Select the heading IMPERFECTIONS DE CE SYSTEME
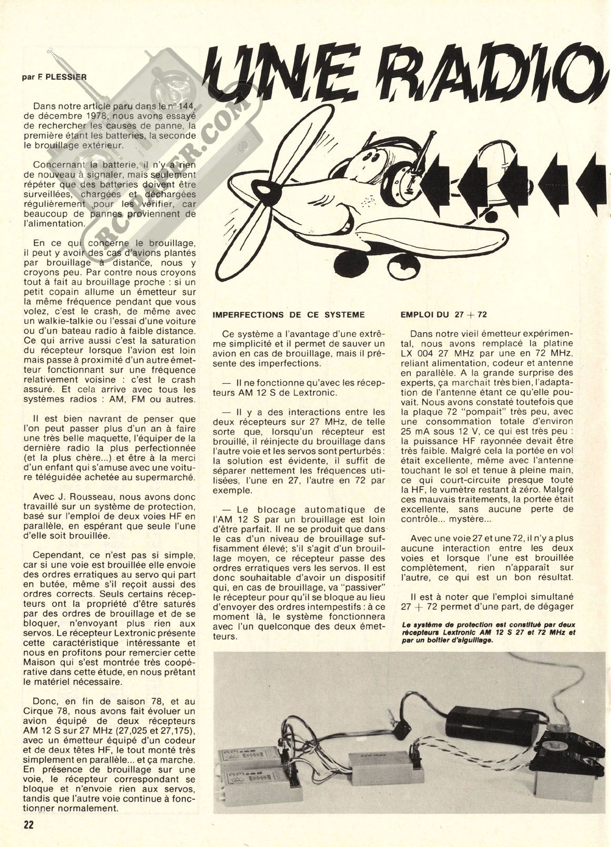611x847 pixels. coord(288,315)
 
